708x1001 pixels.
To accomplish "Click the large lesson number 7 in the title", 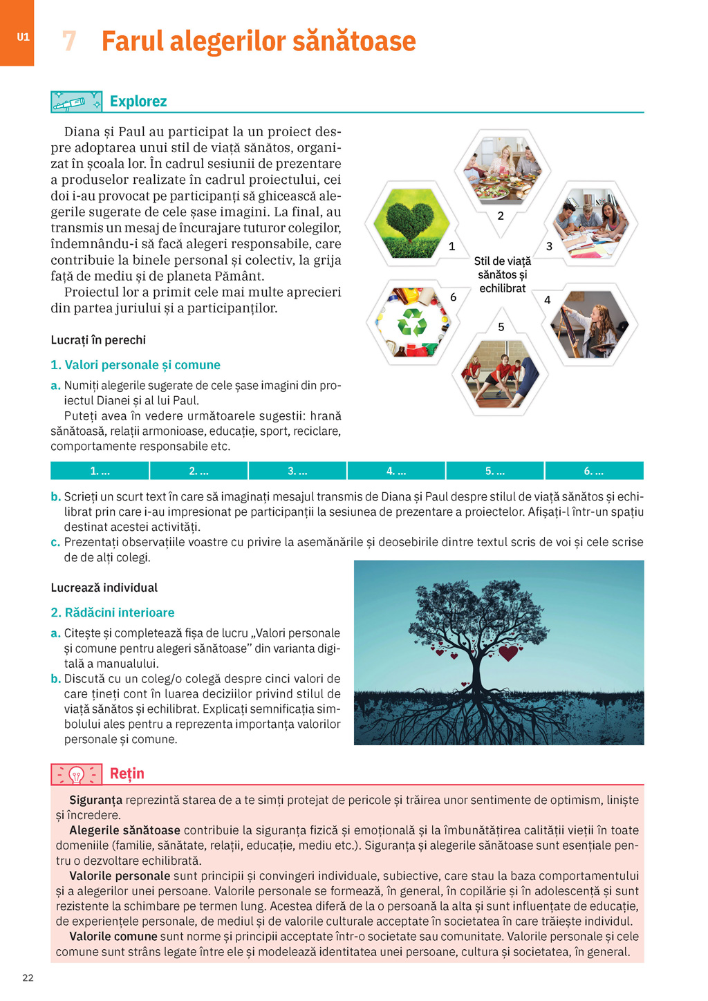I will (68, 41).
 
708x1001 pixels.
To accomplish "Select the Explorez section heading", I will (138, 102).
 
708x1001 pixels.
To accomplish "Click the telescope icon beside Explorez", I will (76, 102).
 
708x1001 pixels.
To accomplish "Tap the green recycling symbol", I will (413, 322).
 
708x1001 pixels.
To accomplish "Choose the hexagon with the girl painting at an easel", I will (590, 324).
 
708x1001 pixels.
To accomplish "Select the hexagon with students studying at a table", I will (590, 223).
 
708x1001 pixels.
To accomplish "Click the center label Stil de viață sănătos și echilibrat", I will (503, 274).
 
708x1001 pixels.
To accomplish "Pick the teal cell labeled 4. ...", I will (396, 471).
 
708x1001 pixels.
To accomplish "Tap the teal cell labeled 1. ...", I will (100, 471).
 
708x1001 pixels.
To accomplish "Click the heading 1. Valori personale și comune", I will (136, 365).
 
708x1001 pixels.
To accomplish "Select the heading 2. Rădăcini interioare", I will (113, 612).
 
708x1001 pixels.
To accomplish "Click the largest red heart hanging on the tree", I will (508, 652).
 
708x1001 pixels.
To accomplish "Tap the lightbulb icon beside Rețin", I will (77, 774).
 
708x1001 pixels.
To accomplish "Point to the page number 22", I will (28, 977).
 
